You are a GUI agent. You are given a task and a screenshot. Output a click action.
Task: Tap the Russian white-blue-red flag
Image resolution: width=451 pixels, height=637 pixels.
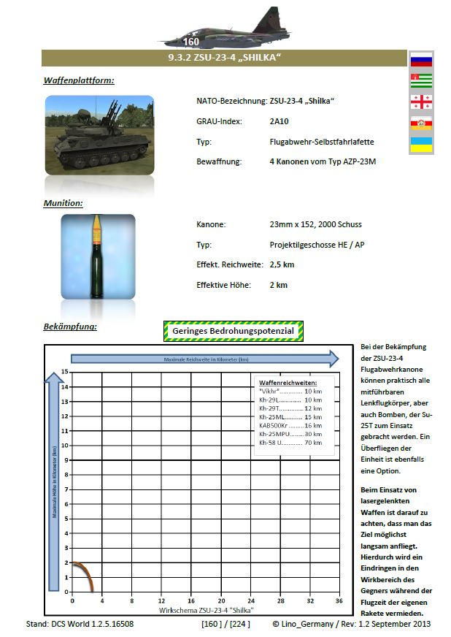click(421, 60)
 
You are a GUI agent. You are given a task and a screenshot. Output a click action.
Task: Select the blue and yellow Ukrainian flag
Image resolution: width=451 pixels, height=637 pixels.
click(421, 144)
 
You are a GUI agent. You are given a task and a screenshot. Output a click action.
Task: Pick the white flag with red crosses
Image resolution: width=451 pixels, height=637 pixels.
click(421, 102)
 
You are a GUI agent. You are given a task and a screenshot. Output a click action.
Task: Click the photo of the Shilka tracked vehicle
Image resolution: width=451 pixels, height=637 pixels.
click(99, 134)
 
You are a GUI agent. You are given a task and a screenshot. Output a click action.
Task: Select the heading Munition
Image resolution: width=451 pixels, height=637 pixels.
click(63, 202)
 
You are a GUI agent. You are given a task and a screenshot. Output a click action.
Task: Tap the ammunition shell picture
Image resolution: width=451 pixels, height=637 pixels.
click(98, 256)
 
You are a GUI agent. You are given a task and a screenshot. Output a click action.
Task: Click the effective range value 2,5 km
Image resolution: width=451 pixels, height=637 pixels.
click(282, 264)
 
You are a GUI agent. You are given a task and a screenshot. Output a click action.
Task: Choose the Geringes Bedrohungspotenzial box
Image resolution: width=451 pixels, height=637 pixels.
click(233, 332)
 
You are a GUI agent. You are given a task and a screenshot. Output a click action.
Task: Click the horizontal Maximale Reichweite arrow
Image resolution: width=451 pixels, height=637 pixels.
click(204, 359)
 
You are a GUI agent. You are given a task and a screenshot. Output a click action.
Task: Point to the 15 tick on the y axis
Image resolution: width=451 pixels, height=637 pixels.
click(65, 372)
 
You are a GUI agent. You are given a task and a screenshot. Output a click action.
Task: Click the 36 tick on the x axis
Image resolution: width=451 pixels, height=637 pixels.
click(339, 600)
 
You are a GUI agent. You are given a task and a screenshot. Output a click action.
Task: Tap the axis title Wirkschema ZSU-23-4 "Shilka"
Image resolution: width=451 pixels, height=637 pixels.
click(206, 609)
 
